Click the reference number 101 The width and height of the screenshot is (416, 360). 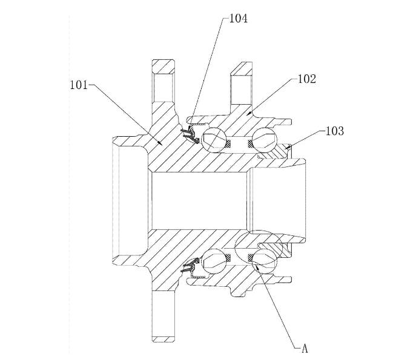[x=79, y=85]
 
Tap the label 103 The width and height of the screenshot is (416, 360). [x=335, y=131]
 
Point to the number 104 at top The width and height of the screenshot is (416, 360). [x=238, y=19]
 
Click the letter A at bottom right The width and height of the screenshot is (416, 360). [x=306, y=348]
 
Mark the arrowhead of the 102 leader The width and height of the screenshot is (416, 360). [x=248, y=113]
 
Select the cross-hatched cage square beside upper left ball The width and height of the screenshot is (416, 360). [x=228, y=144]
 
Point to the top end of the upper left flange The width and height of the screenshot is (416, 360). [x=163, y=61]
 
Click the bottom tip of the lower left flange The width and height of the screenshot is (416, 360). [x=163, y=339]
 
